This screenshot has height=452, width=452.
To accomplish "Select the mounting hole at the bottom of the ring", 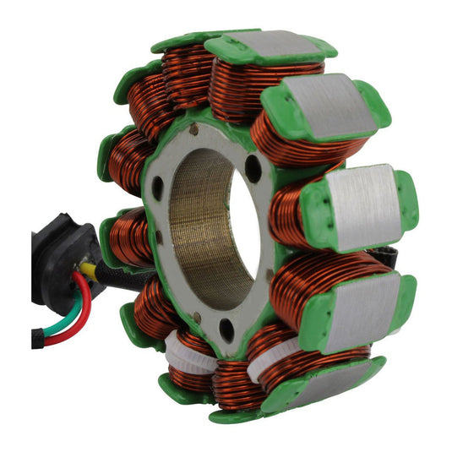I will click(x=226, y=330).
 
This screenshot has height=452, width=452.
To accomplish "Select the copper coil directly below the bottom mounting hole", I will click(x=230, y=380).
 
